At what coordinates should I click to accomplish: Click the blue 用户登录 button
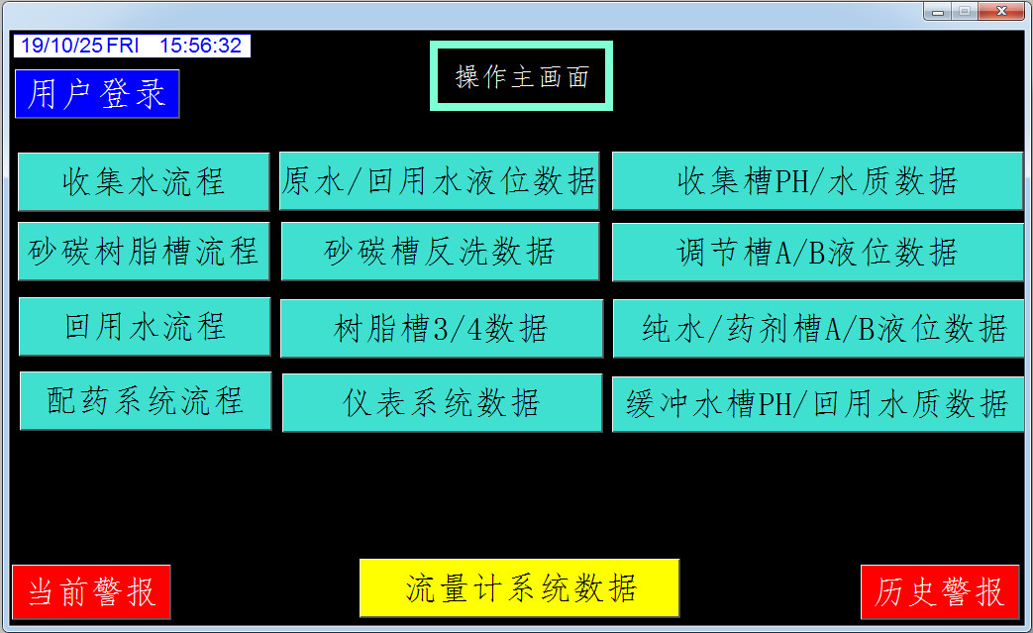point(97,93)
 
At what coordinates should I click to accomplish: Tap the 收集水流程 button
point(144,182)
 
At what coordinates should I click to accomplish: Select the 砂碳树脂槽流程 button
point(144,252)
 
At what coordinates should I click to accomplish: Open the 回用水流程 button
point(145,327)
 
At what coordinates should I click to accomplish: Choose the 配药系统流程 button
point(146,401)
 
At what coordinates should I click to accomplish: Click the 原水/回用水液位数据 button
point(440,181)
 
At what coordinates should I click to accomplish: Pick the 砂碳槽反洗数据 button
point(440,252)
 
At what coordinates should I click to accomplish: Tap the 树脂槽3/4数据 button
point(442,329)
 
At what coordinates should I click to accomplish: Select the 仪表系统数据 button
point(442,403)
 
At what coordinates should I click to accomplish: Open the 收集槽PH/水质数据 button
point(817,181)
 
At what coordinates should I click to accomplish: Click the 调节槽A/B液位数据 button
point(817,253)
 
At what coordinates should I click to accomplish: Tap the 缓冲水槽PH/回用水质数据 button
point(817,404)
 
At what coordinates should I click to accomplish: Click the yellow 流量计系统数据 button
point(519,588)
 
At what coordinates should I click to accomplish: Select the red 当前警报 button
point(91,592)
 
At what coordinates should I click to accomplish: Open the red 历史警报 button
point(940,592)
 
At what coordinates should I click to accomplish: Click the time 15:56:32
point(200,46)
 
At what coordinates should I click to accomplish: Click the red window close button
point(1000,11)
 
